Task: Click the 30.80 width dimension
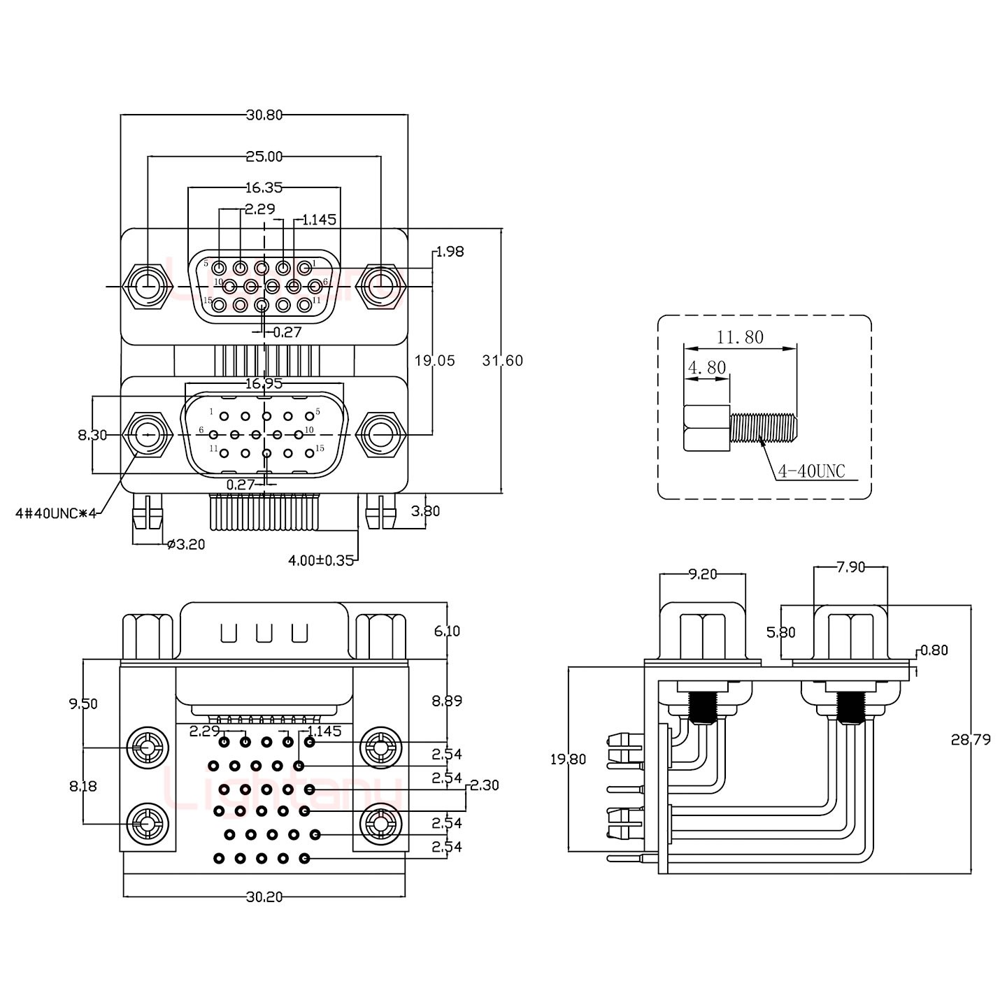click(264, 115)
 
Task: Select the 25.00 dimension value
click(264, 157)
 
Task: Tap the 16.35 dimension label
click(264, 187)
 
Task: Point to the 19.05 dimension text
click(434, 361)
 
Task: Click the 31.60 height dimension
click(502, 361)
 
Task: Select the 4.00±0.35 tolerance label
click(321, 560)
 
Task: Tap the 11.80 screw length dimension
click(740, 338)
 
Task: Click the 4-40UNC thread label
click(811, 472)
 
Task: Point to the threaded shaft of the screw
click(763, 427)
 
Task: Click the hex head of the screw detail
click(707, 428)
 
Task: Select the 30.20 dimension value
click(264, 897)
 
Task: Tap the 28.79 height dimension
click(971, 740)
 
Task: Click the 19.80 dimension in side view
click(568, 759)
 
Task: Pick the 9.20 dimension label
click(703, 574)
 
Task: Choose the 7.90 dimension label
click(851, 567)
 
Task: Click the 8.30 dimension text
click(92, 436)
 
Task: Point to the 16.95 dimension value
click(264, 383)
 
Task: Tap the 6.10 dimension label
click(447, 631)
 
